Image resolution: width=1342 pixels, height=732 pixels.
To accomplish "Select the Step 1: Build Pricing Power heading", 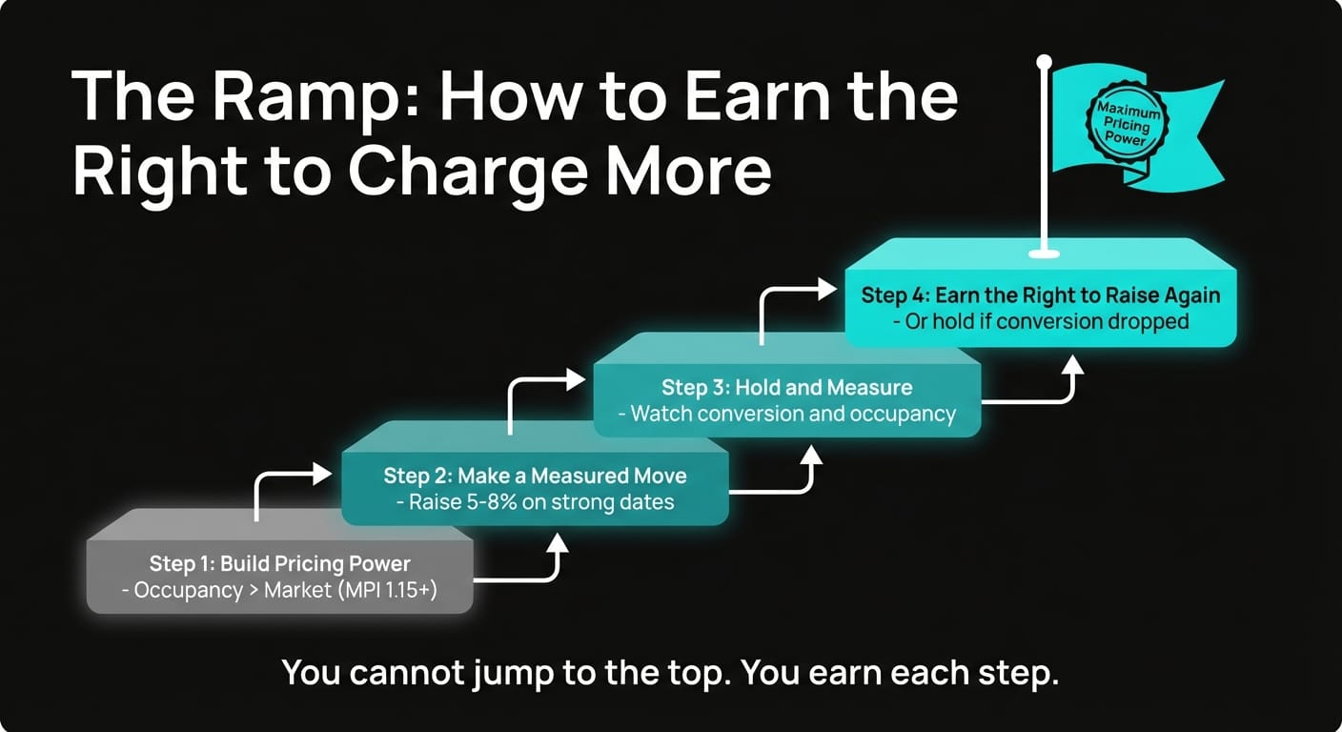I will click(x=279, y=563).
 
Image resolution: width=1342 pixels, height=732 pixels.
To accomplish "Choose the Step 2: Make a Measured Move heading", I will click(x=535, y=476).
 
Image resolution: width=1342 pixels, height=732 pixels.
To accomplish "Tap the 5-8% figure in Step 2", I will click(x=487, y=502).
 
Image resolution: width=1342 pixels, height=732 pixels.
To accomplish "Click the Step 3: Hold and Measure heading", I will click(x=786, y=388).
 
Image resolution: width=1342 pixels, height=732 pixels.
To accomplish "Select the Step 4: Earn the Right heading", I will click(x=1040, y=295).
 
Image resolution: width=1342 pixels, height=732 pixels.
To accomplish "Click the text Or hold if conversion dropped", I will click(x=1040, y=321).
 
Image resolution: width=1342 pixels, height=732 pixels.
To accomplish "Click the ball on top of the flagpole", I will click(x=1044, y=62).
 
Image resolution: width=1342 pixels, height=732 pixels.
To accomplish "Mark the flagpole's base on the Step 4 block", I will click(x=1044, y=254).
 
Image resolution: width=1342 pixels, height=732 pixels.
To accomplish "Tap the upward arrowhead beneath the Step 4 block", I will click(x=1074, y=365).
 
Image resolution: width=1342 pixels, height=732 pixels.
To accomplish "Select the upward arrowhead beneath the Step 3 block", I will click(x=811, y=453).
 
